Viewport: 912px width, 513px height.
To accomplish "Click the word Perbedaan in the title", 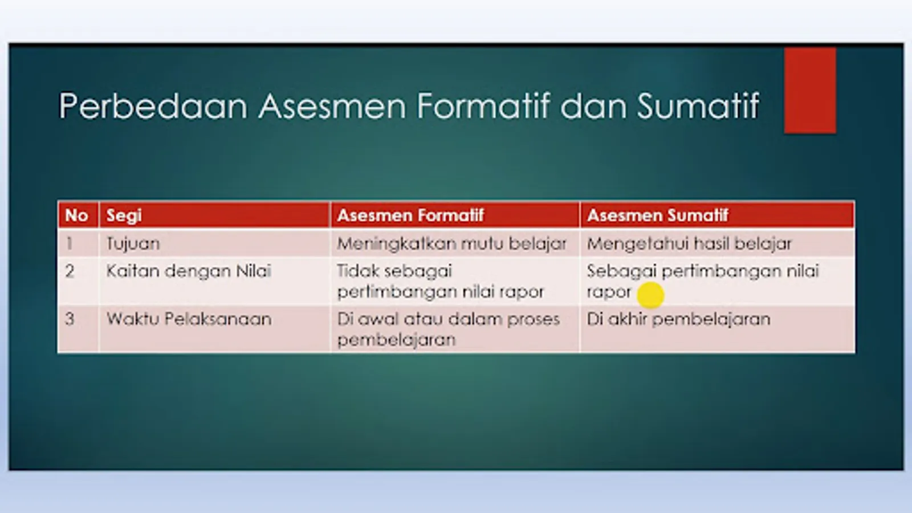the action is click(x=153, y=106).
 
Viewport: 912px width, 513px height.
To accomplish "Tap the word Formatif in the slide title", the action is click(x=483, y=106).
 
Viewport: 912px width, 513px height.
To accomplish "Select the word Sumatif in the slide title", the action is click(x=698, y=106).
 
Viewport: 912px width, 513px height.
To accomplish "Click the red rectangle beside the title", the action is click(x=810, y=91).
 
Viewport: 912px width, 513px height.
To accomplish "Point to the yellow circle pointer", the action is click(x=650, y=295).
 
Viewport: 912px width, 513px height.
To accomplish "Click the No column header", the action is click(x=76, y=215).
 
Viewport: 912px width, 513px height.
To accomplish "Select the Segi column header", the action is click(x=124, y=215).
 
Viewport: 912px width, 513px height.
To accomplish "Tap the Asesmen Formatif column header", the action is click(x=410, y=215).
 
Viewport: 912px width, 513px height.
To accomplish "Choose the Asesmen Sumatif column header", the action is click(x=658, y=215).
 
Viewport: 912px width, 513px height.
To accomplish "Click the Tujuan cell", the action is click(x=133, y=244).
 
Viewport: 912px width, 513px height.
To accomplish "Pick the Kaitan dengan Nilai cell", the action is click(x=189, y=271).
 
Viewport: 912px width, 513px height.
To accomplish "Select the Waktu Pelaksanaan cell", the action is click(x=189, y=319).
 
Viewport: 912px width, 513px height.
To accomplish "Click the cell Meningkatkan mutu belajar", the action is click(x=452, y=244).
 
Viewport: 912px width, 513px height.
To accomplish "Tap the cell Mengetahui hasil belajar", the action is click(x=689, y=244).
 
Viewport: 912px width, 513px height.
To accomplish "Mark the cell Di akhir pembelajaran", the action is click(x=678, y=319).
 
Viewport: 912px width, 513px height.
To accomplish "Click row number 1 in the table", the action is click(x=69, y=243).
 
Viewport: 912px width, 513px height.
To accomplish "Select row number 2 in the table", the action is click(x=70, y=271).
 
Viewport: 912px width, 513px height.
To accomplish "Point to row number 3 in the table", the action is click(x=70, y=319).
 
